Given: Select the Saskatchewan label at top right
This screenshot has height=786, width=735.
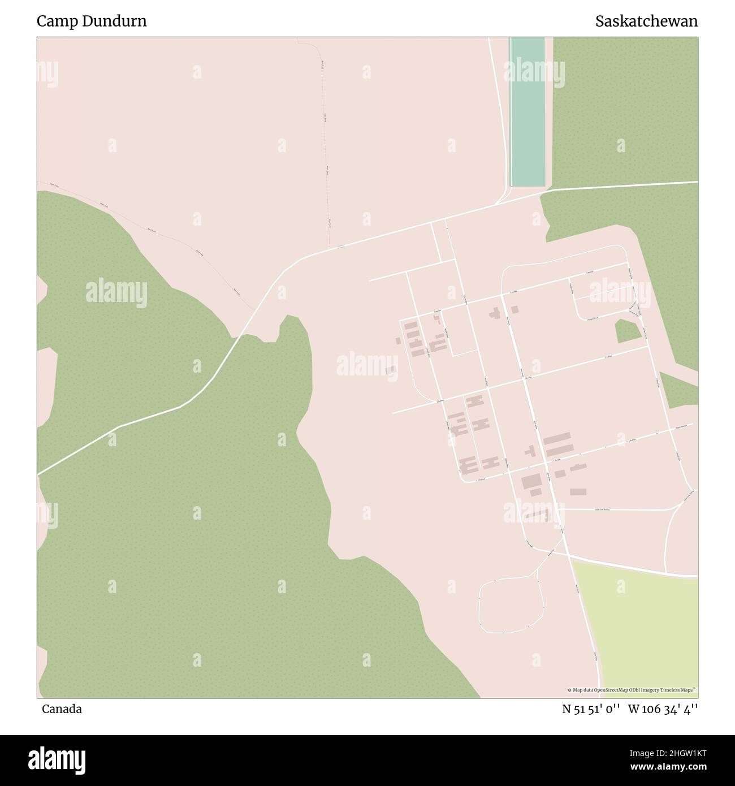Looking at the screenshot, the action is click(646, 21).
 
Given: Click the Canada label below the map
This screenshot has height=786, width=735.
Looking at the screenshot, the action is click(62, 709).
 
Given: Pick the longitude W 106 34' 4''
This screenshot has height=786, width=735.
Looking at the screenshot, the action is click(663, 709).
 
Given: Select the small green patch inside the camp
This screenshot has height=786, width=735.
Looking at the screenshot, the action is click(628, 332).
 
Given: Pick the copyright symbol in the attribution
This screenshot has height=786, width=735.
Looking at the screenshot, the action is click(570, 690).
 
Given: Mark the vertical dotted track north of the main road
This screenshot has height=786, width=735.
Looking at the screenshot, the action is click(326, 158).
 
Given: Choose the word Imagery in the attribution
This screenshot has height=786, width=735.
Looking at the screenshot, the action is click(656, 690).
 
